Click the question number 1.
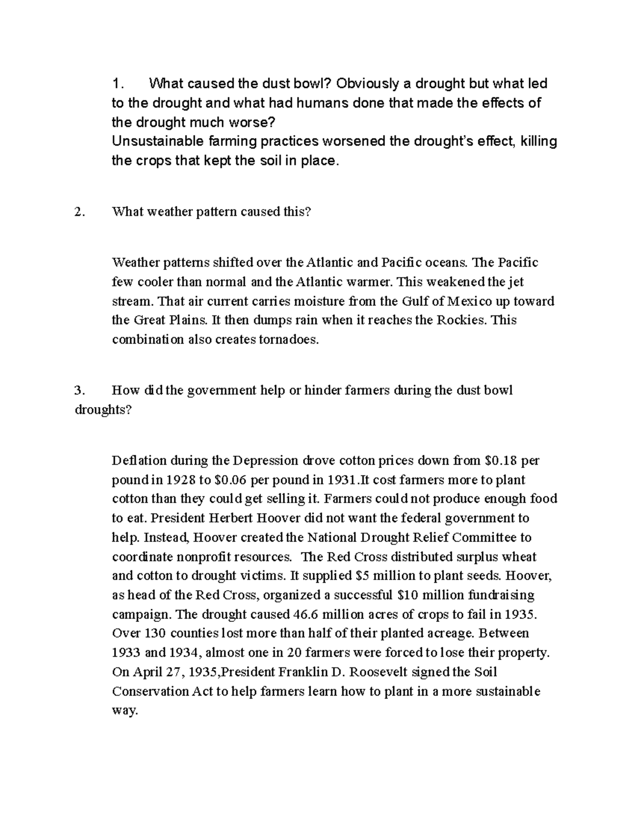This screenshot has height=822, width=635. (117, 84)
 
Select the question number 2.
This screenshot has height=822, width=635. (79, 212)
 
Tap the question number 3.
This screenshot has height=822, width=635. (79, 391)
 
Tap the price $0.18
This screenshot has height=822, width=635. (501, 460)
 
